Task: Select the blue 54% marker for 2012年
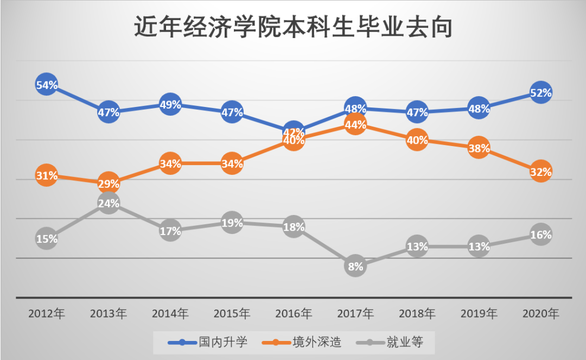click(x=47, y=85)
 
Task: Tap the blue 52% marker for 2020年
click(x=541, y=93)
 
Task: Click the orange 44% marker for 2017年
click(x=355, y=124)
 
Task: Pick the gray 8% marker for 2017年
click(x=355, y=266)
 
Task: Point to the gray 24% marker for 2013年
click(x=109, y=203)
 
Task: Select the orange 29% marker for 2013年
click(x=109, y=184)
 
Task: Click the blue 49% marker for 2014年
click(x=170, y=104)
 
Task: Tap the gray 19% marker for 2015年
click(x=232, y=223)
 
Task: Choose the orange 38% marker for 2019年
click(x=479, y=148)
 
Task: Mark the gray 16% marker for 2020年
click(x=541, y=235)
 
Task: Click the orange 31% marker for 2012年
click(x=47, y=175)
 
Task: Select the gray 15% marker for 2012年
click(x=47, y=238)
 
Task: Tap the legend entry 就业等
click(x=390, y=342)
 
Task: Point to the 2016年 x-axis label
click(x=294, y=314)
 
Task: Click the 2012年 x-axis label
click(x=47, y=314)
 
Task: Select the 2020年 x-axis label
click(x=540, y=314)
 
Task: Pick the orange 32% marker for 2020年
click(x=541, y=172)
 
